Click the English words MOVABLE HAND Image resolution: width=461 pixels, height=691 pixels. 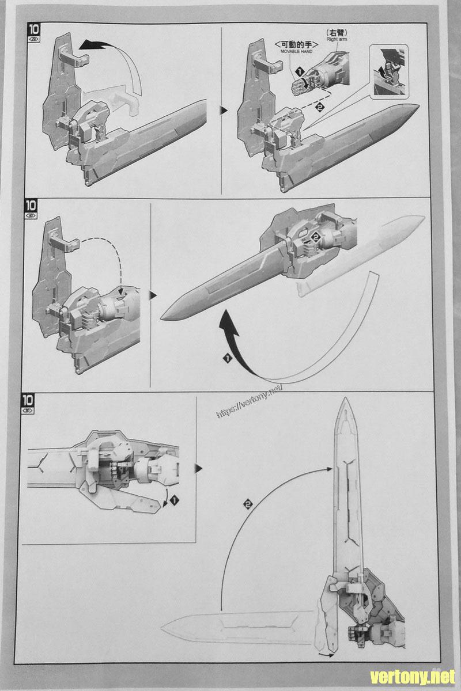click(296, 52)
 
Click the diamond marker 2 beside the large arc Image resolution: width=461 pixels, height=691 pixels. click(248, 504)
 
